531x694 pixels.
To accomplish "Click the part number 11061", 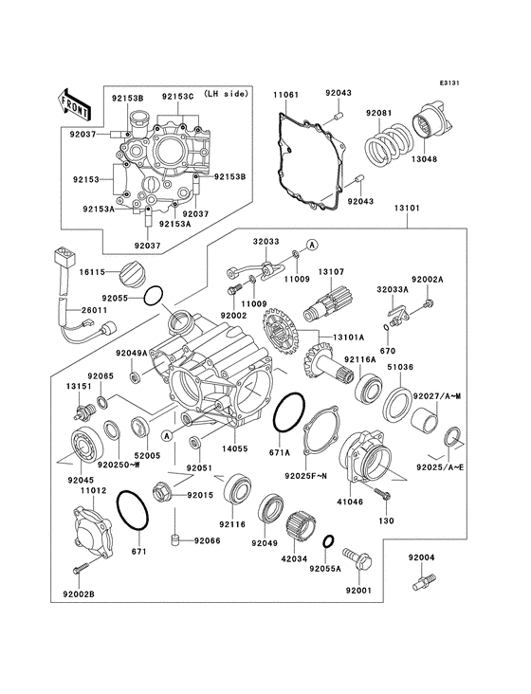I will pos(287,96).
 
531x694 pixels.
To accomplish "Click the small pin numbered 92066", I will pos(174,541).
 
